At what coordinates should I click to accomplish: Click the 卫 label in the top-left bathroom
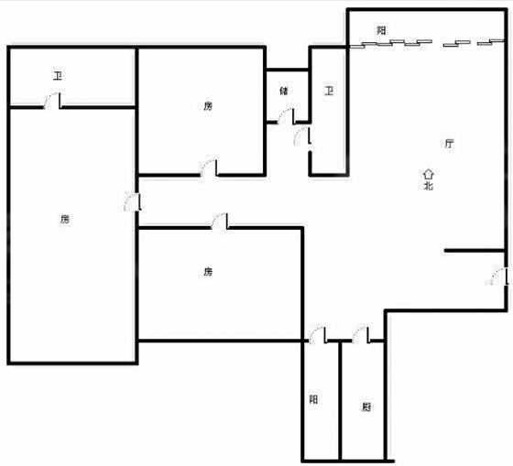[x=58, y=76]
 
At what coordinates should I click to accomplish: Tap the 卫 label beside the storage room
[x=329, y=91]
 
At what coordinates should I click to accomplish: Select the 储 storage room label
[x=284, y=91]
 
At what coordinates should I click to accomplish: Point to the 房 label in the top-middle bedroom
[x=208, y=106]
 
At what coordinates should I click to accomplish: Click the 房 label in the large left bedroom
[x=65, y=219]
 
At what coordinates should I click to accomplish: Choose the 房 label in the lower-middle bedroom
[x=208, y=271]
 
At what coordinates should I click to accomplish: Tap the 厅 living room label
[x=449, y=143]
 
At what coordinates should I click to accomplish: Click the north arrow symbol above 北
[x=429, y=174]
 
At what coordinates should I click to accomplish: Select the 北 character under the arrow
[x=429, y=186]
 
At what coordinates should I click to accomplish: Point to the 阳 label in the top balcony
[x=381, y=30]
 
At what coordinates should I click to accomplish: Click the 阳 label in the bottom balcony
[x=313, y=399]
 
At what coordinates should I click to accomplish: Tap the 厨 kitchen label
[x=366, y=406]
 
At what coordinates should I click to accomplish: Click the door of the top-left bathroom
[x=52, y=101]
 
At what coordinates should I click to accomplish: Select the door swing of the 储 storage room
[x=286, y=115]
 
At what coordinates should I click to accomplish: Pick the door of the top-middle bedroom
[x=209, y=168]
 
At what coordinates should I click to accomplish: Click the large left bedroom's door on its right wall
[x=133, y=202]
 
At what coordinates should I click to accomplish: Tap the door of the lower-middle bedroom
[x=220, y=221]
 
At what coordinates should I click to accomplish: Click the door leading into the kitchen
[x=361, y=334]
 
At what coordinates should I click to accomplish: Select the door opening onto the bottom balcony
[x=318, y=334]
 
